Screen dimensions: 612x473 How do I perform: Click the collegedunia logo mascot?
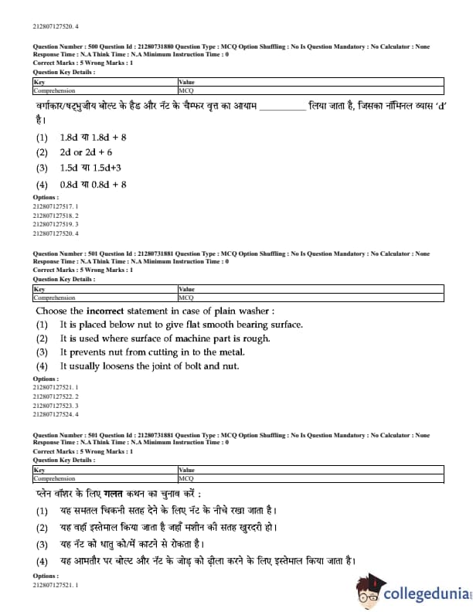coord(371,590)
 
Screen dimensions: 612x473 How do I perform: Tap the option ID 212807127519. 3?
coord(56,224)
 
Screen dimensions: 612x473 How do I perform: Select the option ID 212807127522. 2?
coord(56,396)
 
